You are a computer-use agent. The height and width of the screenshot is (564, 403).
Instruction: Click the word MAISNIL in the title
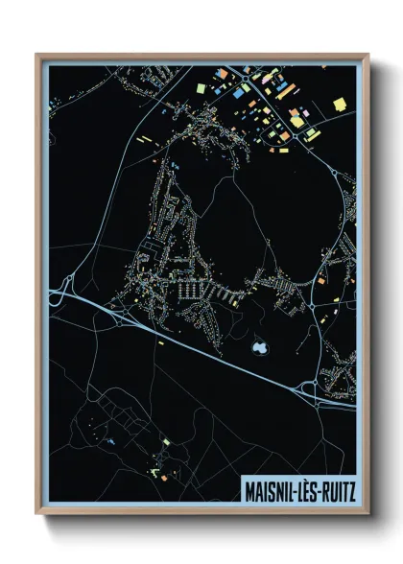tap(270, 487)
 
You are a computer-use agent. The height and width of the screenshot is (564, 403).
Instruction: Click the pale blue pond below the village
tap(257, 347)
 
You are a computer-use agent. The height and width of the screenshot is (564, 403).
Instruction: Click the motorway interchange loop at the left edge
tap(68, 287)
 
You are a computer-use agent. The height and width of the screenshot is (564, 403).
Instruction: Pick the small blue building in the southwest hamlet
tap(112, 440)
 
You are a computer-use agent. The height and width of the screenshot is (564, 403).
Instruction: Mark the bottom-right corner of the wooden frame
tap(367, 512)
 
